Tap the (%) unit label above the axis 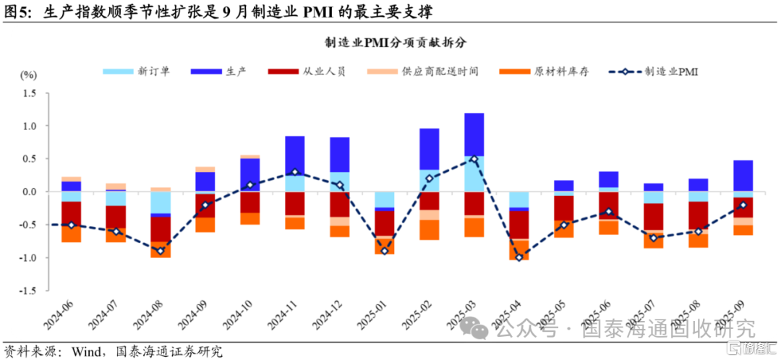(28, 74)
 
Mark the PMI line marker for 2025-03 (474, 159)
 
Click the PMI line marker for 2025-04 (518, 257)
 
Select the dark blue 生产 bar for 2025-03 (474, 134)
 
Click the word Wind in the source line (85, 352)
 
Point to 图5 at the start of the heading (16, 10)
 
